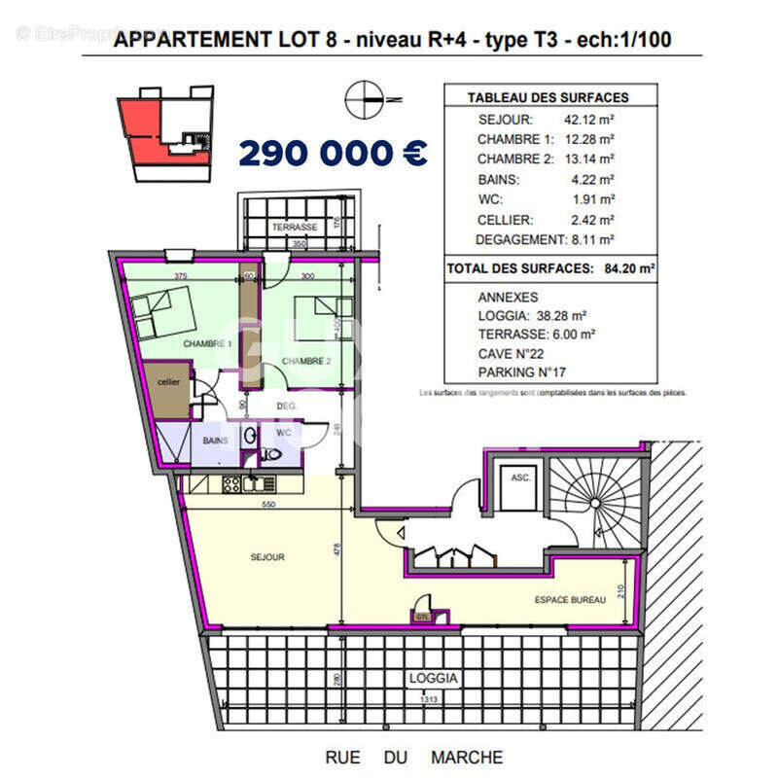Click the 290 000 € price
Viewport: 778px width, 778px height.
coord(332,152)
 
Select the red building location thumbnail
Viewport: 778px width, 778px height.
coord(165,132)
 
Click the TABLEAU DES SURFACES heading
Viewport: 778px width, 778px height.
coord(548,97)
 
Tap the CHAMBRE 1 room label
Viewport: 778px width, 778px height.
coord(207,344)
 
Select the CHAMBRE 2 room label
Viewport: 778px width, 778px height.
coord(307,362)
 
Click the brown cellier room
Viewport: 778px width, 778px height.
coord(169,383)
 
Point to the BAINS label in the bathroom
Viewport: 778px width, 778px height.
coord(215,441)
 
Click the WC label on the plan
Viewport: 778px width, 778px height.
coord(284,432)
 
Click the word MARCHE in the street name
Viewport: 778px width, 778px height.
coord(467,758)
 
